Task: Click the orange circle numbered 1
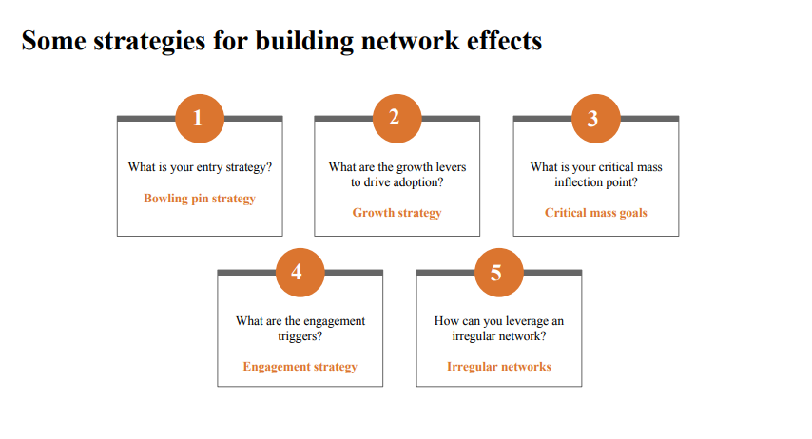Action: pos(199,118)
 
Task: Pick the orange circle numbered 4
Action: pos(299,272)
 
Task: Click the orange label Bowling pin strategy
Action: pos(200,200)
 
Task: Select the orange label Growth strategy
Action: pos(396,213)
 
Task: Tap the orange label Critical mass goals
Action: pos(595,213)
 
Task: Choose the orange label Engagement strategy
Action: pos(300,367)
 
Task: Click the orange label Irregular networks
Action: pos(498,367)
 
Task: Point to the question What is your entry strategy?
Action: pos(200,167)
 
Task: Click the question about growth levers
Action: pos(396,175)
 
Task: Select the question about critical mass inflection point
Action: pos(595,175)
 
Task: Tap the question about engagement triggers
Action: pos(300,329)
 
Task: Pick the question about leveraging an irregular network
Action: pos(498,329)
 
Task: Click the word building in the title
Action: pos(306,43)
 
